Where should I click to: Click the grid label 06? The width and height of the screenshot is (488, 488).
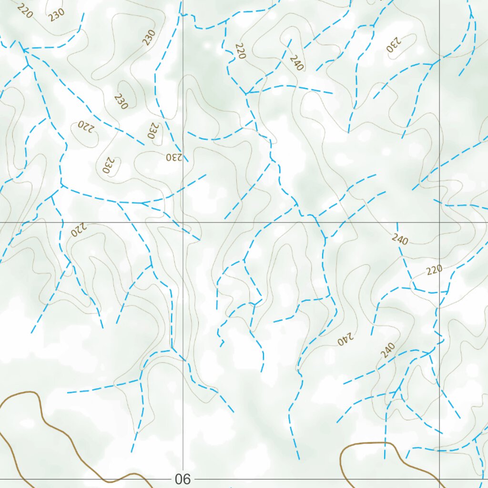(x=183, y=479)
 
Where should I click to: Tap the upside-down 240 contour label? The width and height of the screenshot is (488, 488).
(x=346, y=339)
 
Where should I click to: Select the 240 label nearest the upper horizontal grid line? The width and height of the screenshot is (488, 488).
(x=400, y=239)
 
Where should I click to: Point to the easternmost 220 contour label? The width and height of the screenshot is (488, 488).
(x=434, y=270)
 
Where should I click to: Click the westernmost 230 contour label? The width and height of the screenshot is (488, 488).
(x=56, y=15)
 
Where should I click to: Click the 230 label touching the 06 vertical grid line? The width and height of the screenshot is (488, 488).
(x=174, y=157)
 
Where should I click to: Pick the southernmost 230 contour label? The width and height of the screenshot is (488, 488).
(x=107, y=165)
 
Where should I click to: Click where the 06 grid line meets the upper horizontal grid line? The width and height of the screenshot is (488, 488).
(x=183, y=222)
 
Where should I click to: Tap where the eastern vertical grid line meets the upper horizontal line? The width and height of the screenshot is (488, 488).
(x=439, y=222)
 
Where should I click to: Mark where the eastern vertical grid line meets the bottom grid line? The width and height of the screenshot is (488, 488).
(x=439, y=478)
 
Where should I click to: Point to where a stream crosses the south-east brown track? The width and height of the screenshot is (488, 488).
(x=384, y=443)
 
